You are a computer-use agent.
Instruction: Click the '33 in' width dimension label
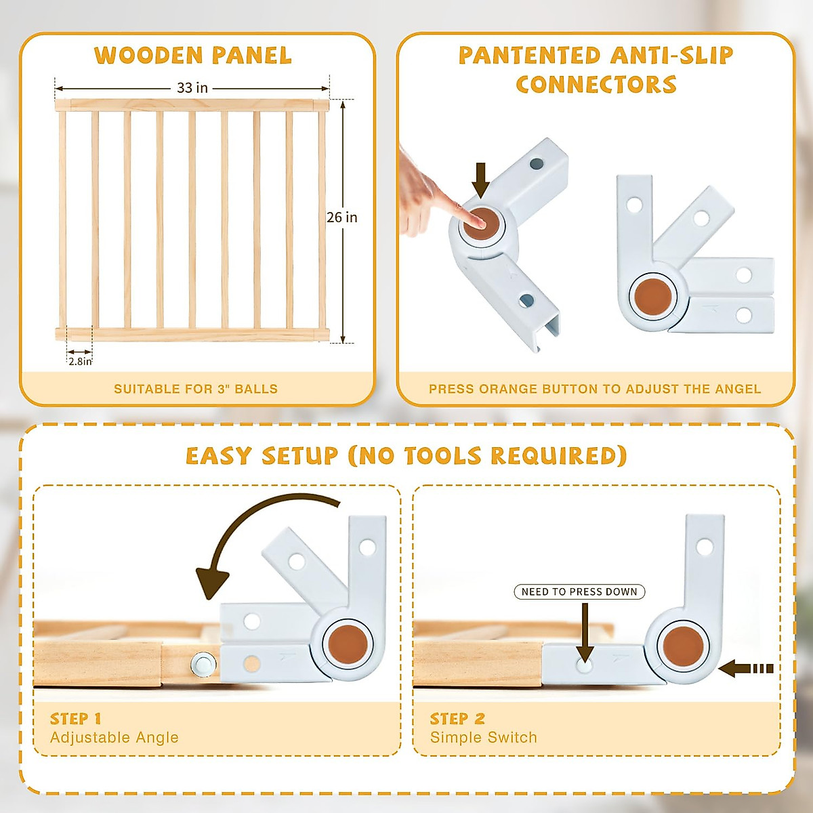[x=192, y=88]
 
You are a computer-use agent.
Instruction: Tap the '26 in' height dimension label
[x=341, y=217]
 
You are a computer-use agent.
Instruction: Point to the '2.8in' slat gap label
[x=80, y=361]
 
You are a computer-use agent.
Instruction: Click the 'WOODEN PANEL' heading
[x=193, y=56]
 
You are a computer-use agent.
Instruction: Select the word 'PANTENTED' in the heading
[x=529, y=56]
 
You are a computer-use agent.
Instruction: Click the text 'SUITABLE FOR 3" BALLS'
[x=196, y=389]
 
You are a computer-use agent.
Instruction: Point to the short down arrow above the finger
[x=481, y=180]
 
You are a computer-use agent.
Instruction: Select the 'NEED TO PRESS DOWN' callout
[x=579, y=591]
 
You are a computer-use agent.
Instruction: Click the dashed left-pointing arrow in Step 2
[x=745, y=669]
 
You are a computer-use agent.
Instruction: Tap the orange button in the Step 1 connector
[x=347, y=644]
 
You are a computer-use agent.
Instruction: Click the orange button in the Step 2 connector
[x=682, y=646]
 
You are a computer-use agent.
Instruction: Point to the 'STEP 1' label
[x=76, y=718]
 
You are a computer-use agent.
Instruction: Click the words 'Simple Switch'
[x=483, y=737]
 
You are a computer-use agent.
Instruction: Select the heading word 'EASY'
[x=220, y=456]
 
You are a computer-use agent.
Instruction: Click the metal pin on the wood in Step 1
[x=201, y=663]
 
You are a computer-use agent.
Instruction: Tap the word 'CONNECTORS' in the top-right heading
[x=596, y=85]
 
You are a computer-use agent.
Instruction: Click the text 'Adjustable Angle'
[x=114, y=737]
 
